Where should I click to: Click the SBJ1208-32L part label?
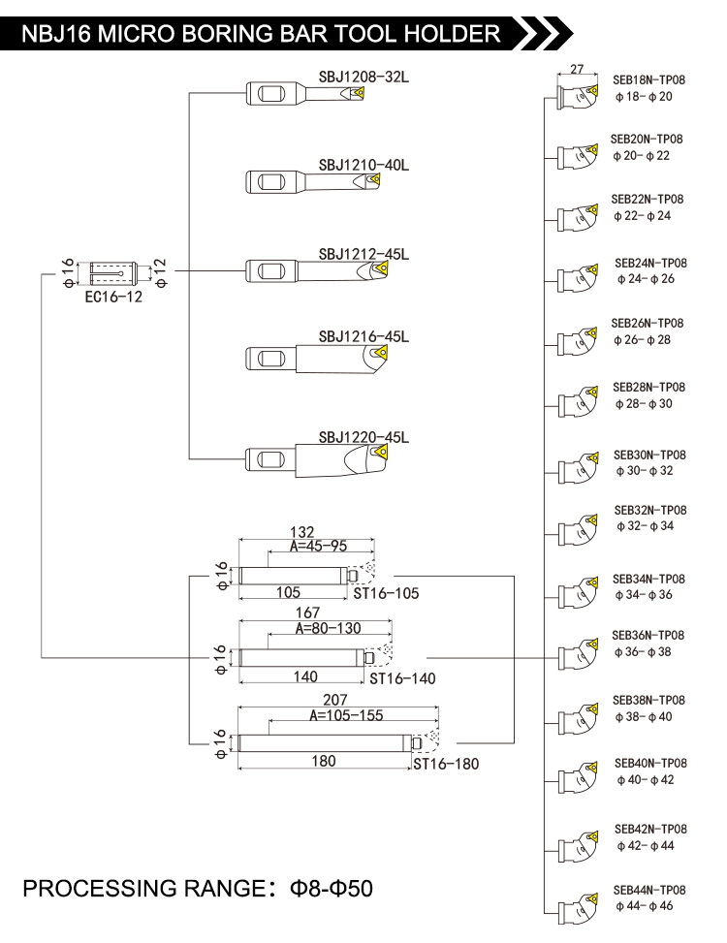coord(363,77)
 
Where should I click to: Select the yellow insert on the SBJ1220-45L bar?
coord(380,454)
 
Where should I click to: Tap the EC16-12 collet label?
coord(113,297)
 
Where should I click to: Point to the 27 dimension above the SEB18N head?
coord(577,69)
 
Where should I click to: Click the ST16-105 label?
coord(386,593)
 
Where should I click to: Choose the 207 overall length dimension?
coord(335,700)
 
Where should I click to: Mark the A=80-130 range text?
coord(329,628)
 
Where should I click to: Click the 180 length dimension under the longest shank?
coord(324,762)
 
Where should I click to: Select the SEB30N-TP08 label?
coord(649,456)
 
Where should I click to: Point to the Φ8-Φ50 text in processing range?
coord(332,889)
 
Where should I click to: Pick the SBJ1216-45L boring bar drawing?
coord(316,359)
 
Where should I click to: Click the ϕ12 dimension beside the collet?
coord(160,273)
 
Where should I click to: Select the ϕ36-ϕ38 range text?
coord(643,652)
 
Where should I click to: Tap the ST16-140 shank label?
coord(402,679)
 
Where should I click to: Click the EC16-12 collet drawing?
coord(113,274)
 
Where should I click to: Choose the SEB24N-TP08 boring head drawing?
coord(579,278)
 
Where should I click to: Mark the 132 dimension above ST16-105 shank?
coord(301,532)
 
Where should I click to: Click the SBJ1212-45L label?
coord(363,254)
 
